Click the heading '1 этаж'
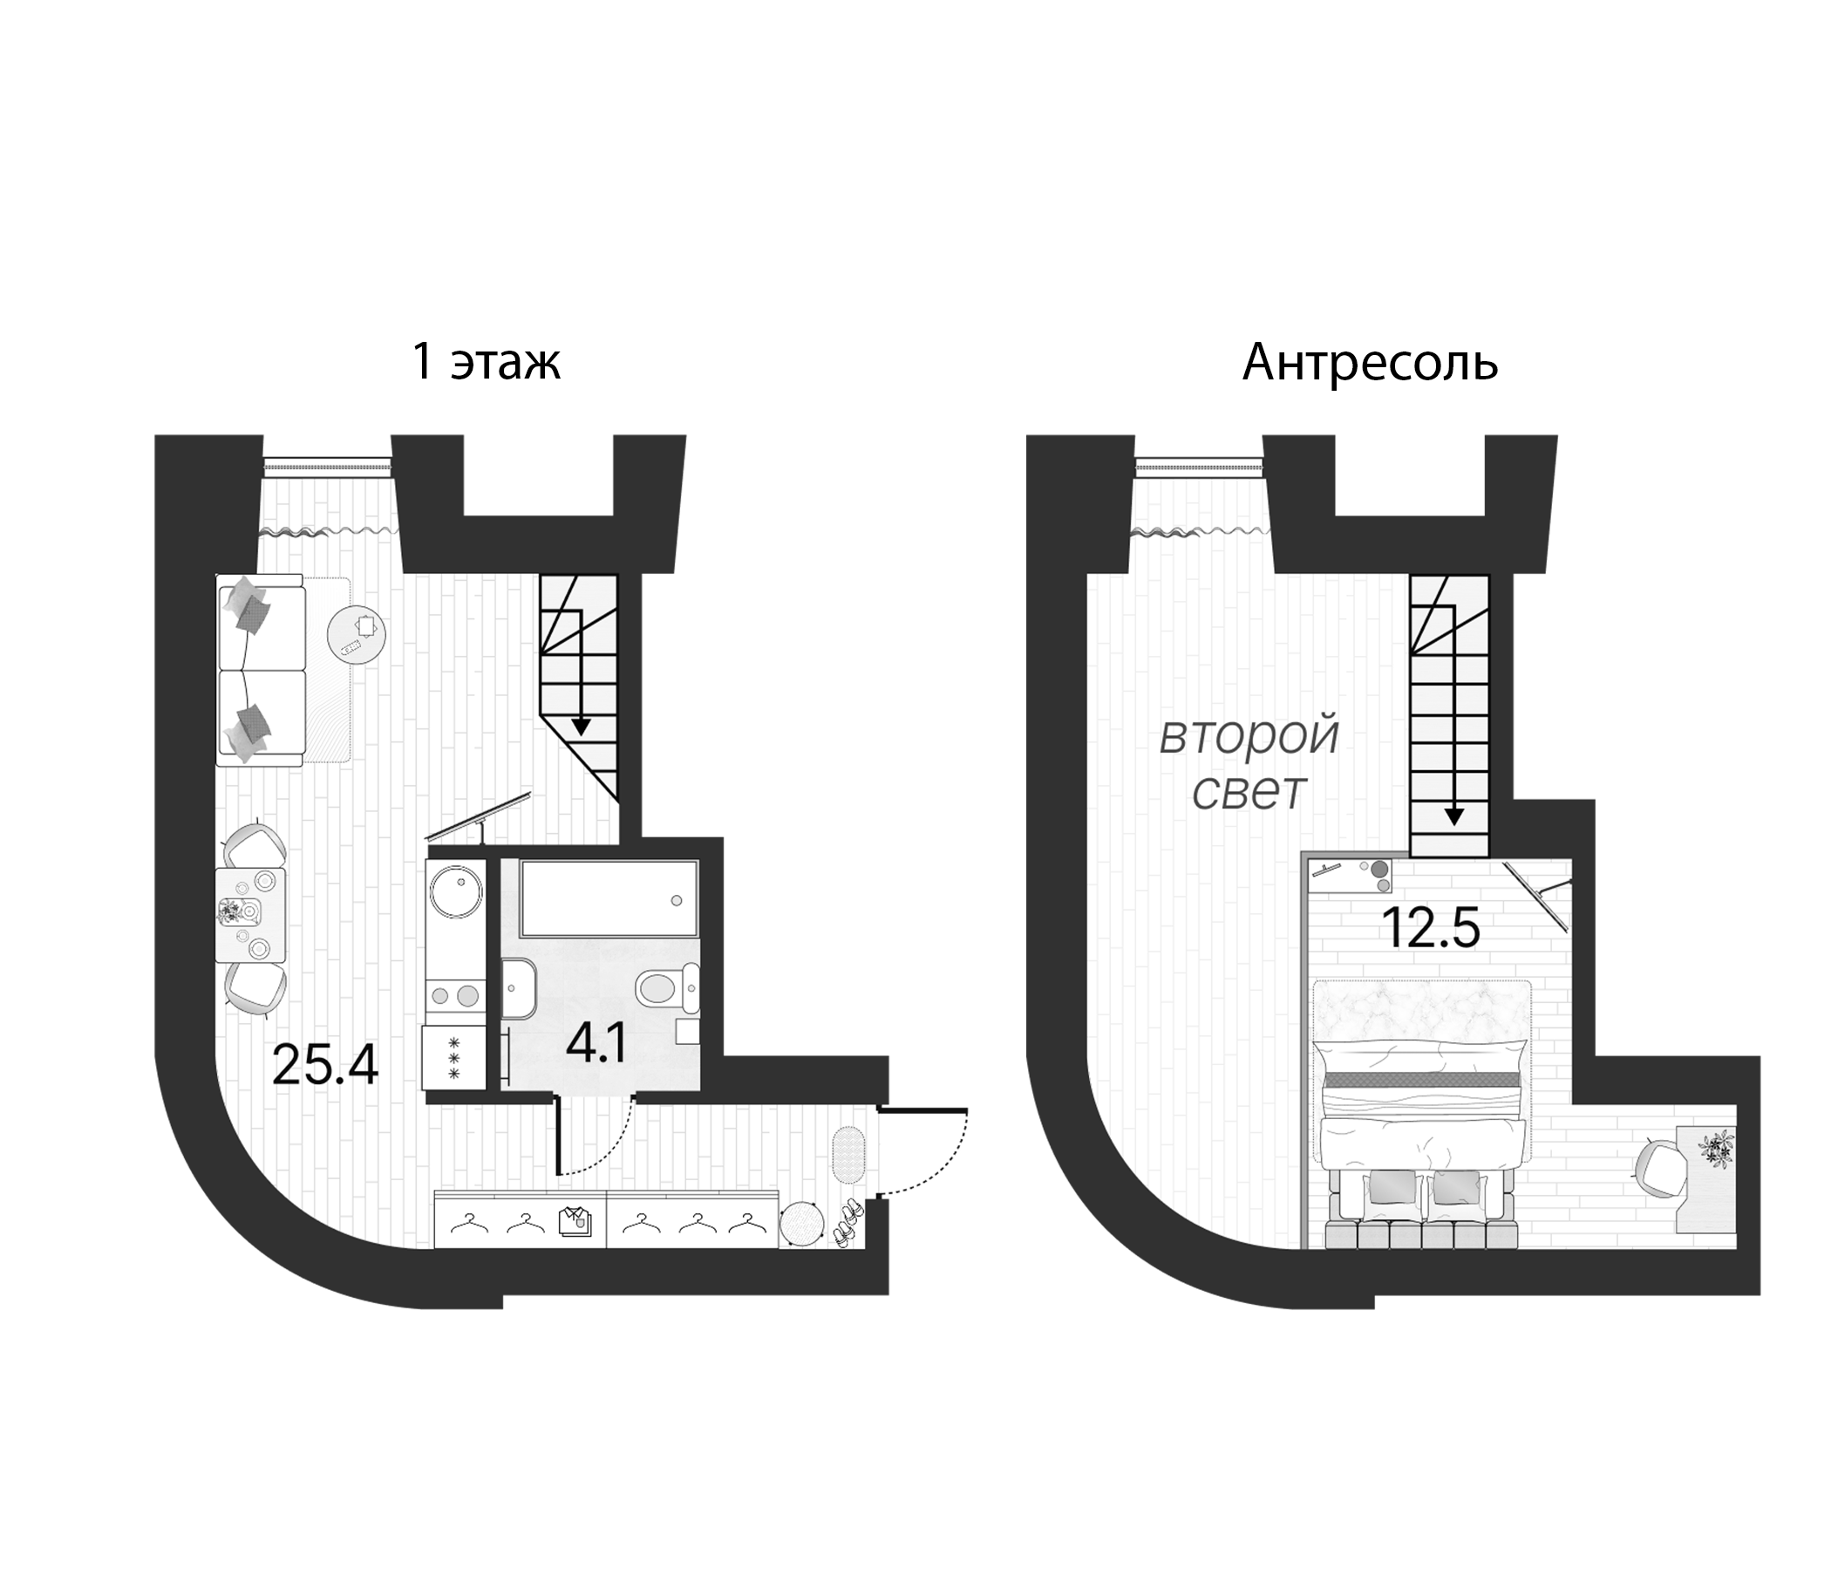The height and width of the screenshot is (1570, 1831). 486,363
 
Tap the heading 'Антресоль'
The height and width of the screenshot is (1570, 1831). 1370,363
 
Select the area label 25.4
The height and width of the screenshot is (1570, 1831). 325,1065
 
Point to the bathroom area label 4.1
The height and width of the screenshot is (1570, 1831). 596,1046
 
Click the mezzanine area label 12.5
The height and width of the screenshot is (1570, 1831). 1430,928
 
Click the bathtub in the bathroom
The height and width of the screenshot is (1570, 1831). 609,898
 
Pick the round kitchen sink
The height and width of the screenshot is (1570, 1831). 455,891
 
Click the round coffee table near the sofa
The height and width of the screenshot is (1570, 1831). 356,634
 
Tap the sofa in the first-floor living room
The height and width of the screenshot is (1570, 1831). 262,670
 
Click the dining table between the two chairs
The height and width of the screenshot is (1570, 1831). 251,915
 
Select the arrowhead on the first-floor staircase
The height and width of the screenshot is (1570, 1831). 581,727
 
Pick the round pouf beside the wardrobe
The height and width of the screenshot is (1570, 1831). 801,1225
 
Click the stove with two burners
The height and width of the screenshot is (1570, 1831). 455,996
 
